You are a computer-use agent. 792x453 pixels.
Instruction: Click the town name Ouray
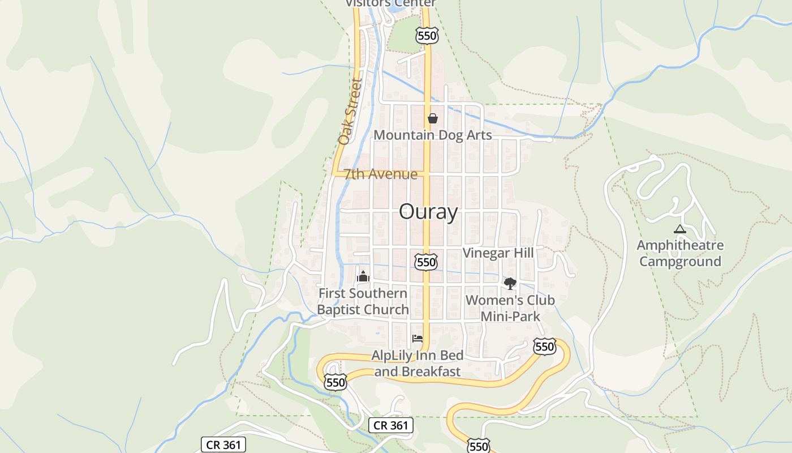click(x=428, y=212)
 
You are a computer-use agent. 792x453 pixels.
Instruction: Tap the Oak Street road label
click(x=350, y=111)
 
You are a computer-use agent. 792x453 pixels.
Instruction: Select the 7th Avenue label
click(x=381, y=174)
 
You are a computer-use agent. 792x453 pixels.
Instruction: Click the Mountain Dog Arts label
click(x=432, y=135)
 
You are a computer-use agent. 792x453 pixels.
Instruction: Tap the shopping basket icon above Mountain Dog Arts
click(x=433, y=118)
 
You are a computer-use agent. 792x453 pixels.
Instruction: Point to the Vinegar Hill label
click(x=498, y=253)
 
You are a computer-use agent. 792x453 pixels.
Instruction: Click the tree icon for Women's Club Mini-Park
click(x=510, y=283)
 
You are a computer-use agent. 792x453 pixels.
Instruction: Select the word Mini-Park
click(x=510, y=316)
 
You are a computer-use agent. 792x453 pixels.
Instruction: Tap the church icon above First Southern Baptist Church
click(x=363, y=276)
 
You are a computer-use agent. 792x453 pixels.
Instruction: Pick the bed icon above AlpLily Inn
click(x=417, y=339)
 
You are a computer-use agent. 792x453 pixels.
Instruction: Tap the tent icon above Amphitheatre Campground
click(x=680, y=229)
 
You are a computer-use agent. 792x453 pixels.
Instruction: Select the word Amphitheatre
click(x=680, y=246)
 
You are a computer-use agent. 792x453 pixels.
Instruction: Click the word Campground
click(x=680, y=262)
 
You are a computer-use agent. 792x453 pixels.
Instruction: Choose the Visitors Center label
click(x=391, y=3)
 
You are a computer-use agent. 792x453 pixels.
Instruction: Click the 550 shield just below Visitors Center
click(x=427, y=36)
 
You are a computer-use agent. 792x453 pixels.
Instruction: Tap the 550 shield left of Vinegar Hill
click(x=425, y=262)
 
